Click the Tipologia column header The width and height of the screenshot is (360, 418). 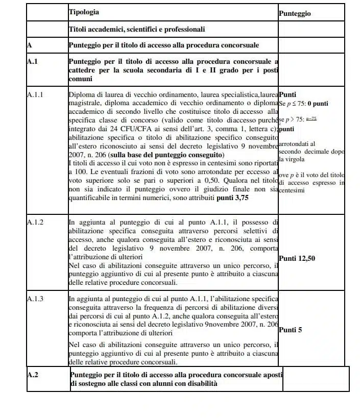click(x=84, y=12)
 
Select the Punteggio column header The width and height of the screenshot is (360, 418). click(x=295, y=14)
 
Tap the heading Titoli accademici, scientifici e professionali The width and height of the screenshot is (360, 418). click(x=137, y=30)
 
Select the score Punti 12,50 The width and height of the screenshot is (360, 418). click(x=297, y=258)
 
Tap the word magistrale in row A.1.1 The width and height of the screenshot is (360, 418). click(x=86, y=103)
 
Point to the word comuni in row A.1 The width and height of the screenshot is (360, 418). click(x=80, y=79)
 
